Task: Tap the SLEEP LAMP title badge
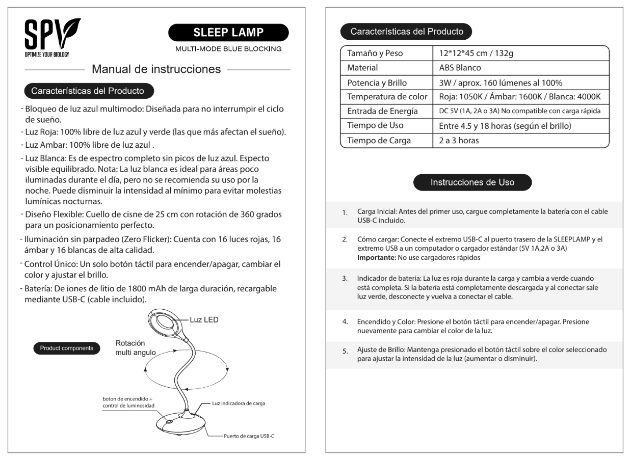[x=228, y=33]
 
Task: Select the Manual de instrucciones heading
[x=156, y=69]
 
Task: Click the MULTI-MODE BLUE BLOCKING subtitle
[x=228, y=49]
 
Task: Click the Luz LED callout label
[x=204, y=320]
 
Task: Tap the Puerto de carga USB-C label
[x=249, y=436]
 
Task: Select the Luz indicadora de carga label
[x=239, y=403]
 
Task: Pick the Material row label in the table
[x=362, y=68]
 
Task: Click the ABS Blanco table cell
[x=460, y=68]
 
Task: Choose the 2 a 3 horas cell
[x=459, y=141]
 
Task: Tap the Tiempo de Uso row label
[x=375, y=126]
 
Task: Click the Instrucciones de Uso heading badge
[x=472, y=182]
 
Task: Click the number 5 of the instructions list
[x=345, y=352]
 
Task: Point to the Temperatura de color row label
[x=386, y=97]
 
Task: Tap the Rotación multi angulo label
[x=135, y=347]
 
